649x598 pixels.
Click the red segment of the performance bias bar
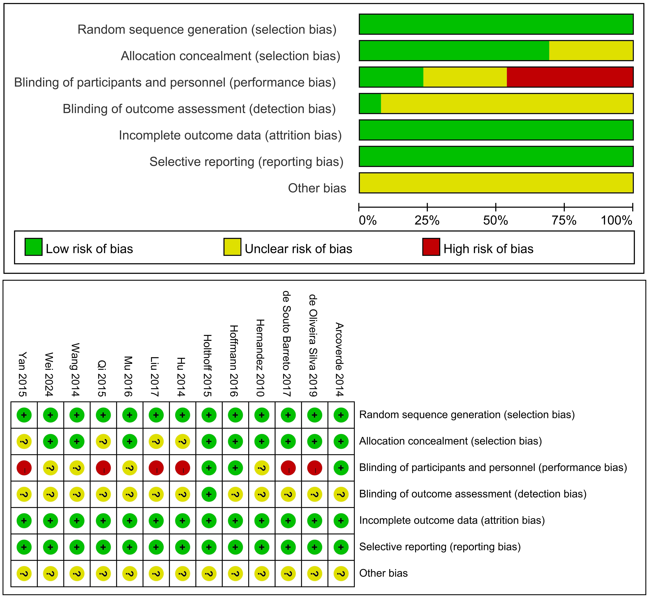point(569,77)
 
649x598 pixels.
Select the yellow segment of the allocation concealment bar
point(591,51)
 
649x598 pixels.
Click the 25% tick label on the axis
point(427,221)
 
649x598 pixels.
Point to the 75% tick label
point(564,221)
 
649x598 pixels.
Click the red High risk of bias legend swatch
point(431,247)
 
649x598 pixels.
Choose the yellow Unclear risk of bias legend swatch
point(232,247)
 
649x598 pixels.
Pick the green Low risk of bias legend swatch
point(33,247)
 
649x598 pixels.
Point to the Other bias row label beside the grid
point(383,573)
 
